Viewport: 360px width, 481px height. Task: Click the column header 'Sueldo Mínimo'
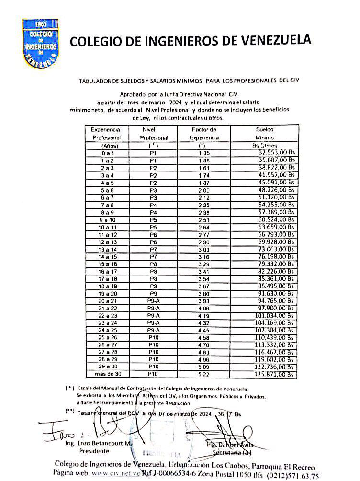[x=264, y=134]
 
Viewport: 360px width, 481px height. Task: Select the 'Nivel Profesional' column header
[x=154, y=134]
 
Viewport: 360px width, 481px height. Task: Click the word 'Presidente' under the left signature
[x=94, y=451]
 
